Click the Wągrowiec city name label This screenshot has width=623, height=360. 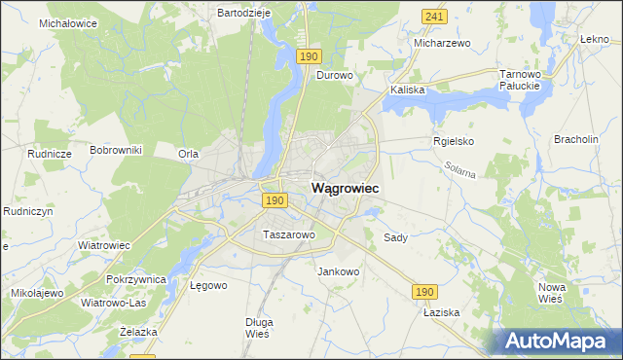click(x=346, y=187)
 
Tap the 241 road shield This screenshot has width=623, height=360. click(x=435, y=17)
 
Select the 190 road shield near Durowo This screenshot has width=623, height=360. click(x=309, y=57)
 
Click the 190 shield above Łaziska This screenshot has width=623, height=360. click(x=424, y=292)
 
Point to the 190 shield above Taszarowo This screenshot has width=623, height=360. click(x=275, y=200)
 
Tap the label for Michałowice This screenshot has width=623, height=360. click(x=68, y=22)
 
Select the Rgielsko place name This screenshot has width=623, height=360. click(x=453, y=141)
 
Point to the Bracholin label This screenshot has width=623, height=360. click(x=575, y=140)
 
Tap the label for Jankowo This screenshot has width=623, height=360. click(x=339, y=271)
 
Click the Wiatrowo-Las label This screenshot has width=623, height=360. click(x=111, y=303)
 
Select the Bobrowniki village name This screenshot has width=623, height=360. click(x=116, y=151)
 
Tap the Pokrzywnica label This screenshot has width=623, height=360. click(x=137, y=279)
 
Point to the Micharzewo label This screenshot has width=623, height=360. click(x=442, y=44)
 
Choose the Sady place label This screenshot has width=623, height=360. click(x=395, y=237)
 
